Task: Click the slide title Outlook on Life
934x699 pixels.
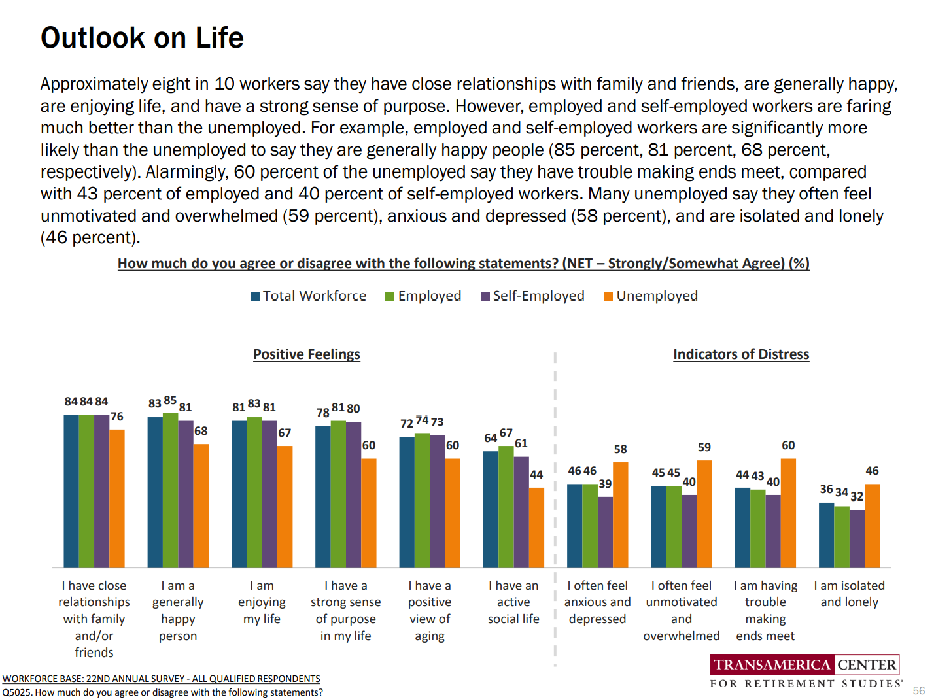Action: click(142, 38)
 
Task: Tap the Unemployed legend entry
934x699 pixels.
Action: click(650, 296)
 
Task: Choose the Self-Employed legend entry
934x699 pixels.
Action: click(532, 296)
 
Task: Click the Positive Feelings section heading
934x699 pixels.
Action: click(307, 354)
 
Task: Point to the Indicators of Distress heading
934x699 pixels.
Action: click(741, 354)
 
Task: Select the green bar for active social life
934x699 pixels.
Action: click(506, 506)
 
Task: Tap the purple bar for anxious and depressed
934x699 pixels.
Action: click(605, 532)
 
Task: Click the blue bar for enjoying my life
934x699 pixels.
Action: click(239, 494)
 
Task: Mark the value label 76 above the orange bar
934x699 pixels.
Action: click(117, 417)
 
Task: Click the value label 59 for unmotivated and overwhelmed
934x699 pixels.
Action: click(704, 447)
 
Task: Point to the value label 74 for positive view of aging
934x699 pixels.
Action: click(422, 420)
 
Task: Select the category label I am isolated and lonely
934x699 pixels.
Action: click(849, 594)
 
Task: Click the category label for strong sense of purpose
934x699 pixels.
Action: click(345, 611)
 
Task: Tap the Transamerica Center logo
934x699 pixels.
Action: click(805, 671)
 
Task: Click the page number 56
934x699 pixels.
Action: click(918, 690)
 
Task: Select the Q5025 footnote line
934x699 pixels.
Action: click(162, 692)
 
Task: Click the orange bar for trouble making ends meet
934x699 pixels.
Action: click(788, 513)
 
